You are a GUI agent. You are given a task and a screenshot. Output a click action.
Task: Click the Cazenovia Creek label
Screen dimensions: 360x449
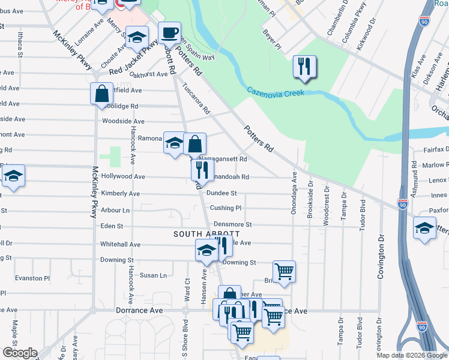(x=276, y=92)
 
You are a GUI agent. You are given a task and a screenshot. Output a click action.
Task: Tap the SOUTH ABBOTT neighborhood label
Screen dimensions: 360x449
(x=206, y=233)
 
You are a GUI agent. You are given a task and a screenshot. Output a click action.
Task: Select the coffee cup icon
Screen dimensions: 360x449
(x=169, y=32)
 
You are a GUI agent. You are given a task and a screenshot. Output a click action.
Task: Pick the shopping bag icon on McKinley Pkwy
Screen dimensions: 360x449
(x=101, y=93)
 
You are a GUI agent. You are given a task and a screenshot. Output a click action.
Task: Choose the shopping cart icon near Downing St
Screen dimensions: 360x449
(x=284, y=271)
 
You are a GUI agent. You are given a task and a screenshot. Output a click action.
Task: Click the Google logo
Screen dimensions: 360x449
(x=19, y=353)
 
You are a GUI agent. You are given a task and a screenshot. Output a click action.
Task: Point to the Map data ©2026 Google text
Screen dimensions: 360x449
(x=412, y=355)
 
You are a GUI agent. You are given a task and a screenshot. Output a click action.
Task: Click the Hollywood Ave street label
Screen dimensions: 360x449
(x=123, y=177)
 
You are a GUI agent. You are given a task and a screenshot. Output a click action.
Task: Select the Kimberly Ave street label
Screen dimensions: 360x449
(x=120, y=194)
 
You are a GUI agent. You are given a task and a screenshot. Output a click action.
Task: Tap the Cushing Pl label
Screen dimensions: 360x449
(x=225, y=208)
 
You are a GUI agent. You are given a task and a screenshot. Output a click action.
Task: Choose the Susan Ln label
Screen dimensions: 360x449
(x=153, y=275)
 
